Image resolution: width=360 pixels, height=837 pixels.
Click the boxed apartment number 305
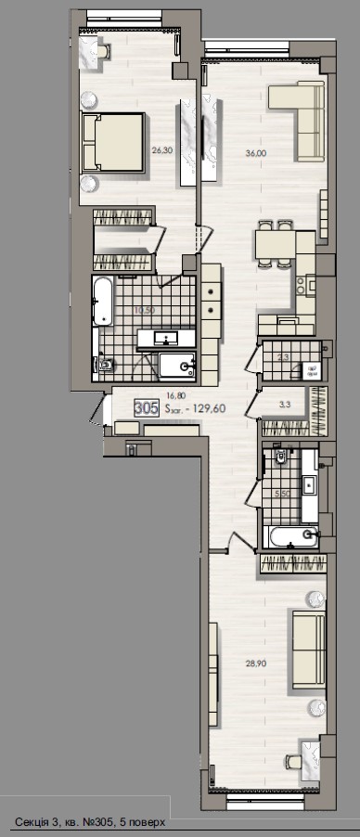coord(146,407)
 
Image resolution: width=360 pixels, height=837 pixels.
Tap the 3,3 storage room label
coord(286,405)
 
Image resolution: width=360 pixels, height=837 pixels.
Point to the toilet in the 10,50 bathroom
coord(104,367)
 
